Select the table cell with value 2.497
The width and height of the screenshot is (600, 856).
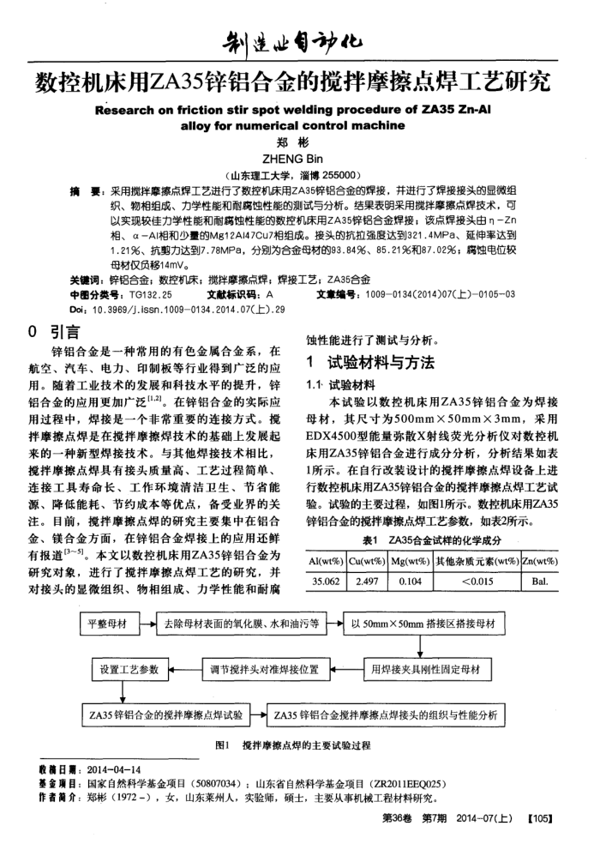pyautogui.click(x=366, y=581)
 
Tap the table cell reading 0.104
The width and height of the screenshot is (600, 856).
pyautogui.click(x=407, y=581)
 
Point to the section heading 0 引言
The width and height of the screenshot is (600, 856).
pyautogui.click(x=53, y=331)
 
